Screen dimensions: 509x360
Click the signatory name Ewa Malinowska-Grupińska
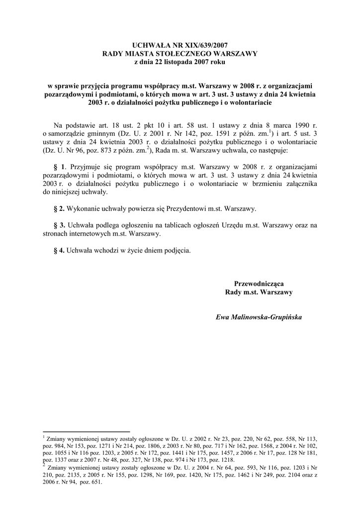click(x=259, y=317)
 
